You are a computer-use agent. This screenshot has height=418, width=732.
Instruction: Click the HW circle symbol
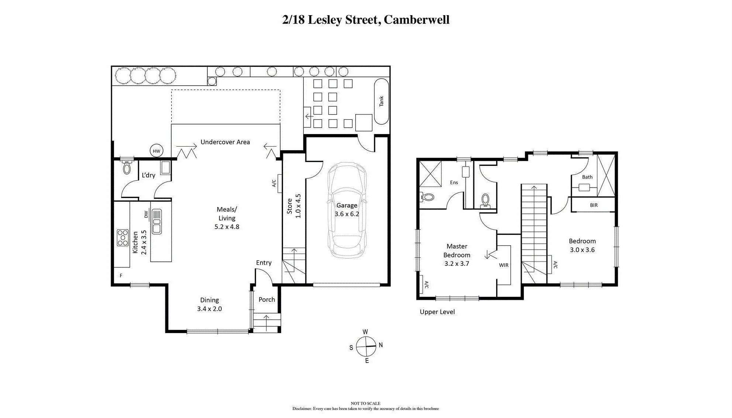[x=157, y=151]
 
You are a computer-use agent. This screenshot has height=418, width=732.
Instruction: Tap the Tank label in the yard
[x=381, y=101]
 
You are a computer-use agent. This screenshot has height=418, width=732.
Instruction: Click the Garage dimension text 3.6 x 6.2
[x=347, y=214]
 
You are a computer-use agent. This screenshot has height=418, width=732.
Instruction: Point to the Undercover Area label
[x=225, y=142]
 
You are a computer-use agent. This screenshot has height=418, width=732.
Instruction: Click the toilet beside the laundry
[x=127, y=167]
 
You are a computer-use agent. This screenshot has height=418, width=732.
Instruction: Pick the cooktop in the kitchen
[x=122, y=238]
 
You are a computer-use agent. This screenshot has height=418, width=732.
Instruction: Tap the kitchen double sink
[x=157, y=221]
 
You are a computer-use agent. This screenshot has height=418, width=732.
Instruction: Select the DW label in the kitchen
[x=146, y=214]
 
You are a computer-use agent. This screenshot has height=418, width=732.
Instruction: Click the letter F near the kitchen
[x=121, y=275]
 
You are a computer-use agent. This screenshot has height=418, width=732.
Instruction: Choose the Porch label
[x=267, y=299]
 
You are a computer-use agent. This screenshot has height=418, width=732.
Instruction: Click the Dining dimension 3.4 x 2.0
[x=210, y=309]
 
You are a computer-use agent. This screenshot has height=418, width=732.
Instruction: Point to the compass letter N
[x=381, y=345]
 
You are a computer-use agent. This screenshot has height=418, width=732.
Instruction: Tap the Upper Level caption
[x=437, y=312]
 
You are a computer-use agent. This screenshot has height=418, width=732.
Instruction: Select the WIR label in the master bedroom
[x=504, y=265]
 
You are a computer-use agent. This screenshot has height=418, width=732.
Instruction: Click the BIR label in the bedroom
[x=594, y=205]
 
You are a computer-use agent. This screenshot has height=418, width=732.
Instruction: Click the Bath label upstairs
[x=587, y=177]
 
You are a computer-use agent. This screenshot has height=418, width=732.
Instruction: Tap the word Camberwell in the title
[x=417, y=20]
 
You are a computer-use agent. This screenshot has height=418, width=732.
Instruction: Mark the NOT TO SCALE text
[x=366, y=403]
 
